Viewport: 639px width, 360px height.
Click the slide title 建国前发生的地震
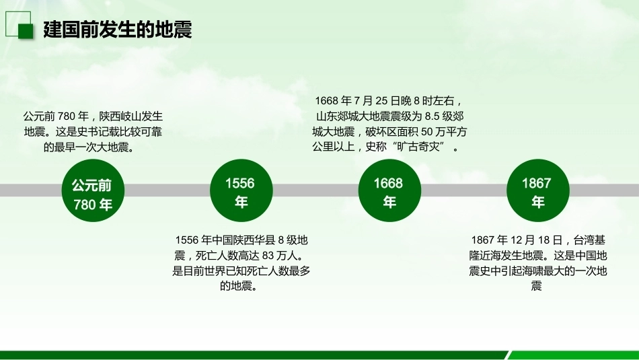tap(117, 30)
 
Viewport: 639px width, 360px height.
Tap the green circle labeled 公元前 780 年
tap(93, 190)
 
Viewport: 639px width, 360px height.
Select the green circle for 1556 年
tap(241, 190)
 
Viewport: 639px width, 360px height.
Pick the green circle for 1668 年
tap(389, 190)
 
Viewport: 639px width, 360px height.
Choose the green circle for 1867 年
tap(538, 190)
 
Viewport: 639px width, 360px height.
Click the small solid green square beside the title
tap(26, 32)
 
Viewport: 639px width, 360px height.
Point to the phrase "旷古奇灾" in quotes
tap(418, 147)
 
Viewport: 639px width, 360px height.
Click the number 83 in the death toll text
tap(268, 256)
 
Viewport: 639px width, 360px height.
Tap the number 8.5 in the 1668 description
tap(433, 116)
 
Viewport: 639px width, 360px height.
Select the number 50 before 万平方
tap(427, 132)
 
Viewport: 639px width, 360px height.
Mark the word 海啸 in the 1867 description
tap(554, 271)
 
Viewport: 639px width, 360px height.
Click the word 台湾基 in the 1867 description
tap(589, 240)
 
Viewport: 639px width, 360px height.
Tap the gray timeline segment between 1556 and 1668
tap(316, 190)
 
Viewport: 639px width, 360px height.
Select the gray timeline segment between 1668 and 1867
tap(464, 190)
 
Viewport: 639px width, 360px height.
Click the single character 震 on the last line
tap(536, 286)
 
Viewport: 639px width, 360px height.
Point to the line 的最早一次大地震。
tap(89, 147)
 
